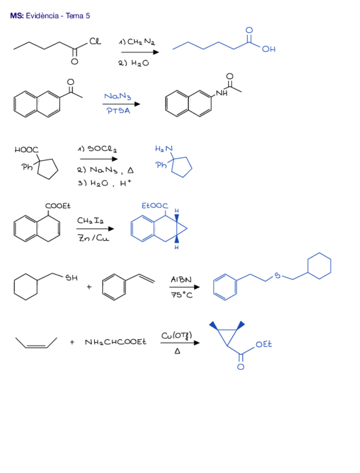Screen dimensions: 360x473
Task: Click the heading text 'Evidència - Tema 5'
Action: click(x=57, y=16)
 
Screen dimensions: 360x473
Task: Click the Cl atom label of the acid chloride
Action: click(x=95, y=41)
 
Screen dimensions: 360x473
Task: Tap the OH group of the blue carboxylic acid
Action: click(x=269, y=49)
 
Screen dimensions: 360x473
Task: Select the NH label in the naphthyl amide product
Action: click(x=221, y=93)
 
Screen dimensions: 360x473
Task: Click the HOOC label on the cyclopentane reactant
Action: click(x=26, y=149)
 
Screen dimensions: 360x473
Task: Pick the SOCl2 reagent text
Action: click(x=100, y=149)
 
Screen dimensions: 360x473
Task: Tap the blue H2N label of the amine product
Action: click(x=164, y=148)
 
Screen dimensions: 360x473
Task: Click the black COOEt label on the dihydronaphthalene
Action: click(x=58, y=206)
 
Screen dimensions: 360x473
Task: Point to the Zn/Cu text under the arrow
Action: click(x=93, y=238)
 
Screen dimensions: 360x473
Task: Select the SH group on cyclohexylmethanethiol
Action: click(x=72, y=277)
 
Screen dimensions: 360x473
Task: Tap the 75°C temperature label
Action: click(x=182, y=296)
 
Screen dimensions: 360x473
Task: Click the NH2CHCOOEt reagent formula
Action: click(x=115, y=342)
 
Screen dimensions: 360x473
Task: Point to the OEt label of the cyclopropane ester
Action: click(x=264, y=345)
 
